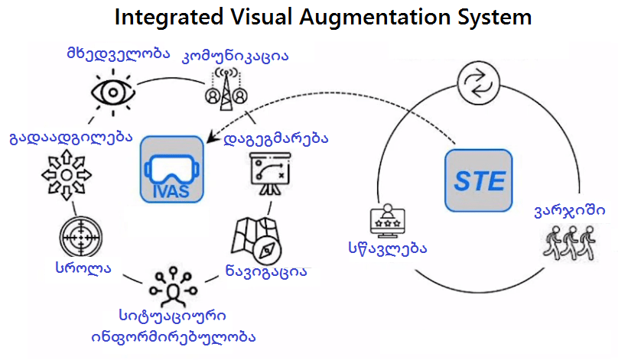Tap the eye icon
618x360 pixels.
click(x=113, y=92)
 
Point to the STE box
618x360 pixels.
click(x=480, y=180)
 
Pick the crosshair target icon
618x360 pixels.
click(x=80, y=238)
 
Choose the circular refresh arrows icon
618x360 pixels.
click(x=477, y=82)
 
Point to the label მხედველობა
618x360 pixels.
click(x=116, y=55)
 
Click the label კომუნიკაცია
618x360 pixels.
click(x=235, y=57)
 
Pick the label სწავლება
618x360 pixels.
click(x=385, y=248)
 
